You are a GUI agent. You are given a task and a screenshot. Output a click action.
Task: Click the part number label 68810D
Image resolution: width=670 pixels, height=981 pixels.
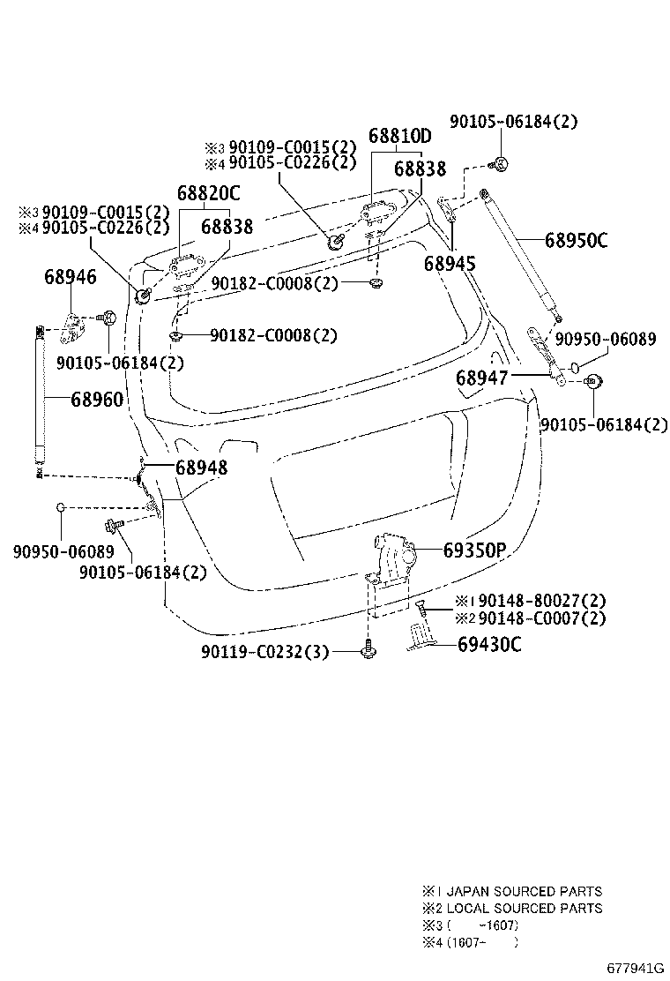click(400, 137)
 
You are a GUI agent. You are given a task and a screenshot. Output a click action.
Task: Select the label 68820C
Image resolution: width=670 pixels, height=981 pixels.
click(208, 193)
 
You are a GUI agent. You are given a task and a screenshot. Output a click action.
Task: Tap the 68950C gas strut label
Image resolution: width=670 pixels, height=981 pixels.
click(576, 240)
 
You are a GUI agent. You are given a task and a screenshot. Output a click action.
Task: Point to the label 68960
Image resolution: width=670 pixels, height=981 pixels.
click(97, 400)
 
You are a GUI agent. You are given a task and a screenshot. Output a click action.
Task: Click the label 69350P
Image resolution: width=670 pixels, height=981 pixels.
click(473, 551)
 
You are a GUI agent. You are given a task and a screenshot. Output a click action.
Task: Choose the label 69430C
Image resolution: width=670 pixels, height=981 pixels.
click(489, 645)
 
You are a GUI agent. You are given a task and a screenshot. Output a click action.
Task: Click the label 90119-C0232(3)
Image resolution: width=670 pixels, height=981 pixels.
click(264, 652)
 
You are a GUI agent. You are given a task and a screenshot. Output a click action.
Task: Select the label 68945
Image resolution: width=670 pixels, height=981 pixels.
click(450, 263)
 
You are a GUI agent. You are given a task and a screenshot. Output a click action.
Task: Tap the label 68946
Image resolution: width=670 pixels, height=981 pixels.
click(71, 278)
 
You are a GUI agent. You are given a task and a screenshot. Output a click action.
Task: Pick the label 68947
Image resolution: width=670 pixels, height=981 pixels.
click(481, 378)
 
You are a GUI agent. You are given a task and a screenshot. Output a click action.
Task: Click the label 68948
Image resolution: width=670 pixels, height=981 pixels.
click(201, 467)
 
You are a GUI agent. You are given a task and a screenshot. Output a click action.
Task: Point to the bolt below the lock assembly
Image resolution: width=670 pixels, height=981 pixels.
click(369, 651)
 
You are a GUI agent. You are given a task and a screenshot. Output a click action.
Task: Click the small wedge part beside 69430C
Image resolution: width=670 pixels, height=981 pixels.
click(421, 637)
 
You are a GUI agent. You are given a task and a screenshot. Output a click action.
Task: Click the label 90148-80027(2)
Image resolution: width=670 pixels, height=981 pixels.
click(531, 602)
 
